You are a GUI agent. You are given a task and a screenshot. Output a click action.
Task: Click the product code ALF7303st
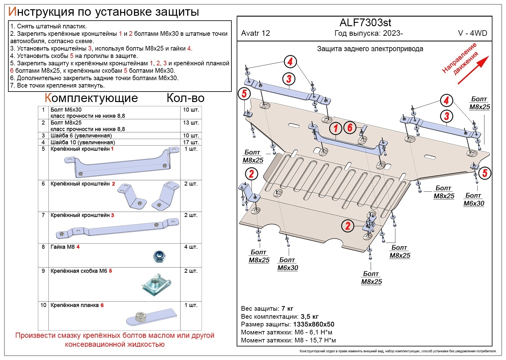365,22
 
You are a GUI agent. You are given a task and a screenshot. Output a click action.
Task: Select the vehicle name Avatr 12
255,33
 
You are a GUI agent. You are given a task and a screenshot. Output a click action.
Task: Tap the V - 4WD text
472,33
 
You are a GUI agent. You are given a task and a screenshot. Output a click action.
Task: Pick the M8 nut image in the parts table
159,256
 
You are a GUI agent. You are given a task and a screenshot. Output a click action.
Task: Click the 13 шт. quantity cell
191,123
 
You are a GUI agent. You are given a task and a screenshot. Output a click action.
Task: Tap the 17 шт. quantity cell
191,142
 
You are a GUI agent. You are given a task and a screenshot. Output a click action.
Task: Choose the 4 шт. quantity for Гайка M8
191,247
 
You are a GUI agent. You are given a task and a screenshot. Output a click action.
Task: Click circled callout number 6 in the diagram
350,127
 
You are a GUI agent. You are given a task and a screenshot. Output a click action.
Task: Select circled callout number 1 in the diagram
336,129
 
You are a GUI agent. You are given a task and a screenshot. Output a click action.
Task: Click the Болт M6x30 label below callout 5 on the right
474,199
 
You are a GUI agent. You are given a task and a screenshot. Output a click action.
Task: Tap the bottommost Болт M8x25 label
371,278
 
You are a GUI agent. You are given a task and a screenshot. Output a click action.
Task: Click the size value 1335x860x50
313,324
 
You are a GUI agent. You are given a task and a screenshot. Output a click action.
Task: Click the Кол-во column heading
185,98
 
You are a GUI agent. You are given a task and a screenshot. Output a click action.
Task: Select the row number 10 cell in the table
43,305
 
